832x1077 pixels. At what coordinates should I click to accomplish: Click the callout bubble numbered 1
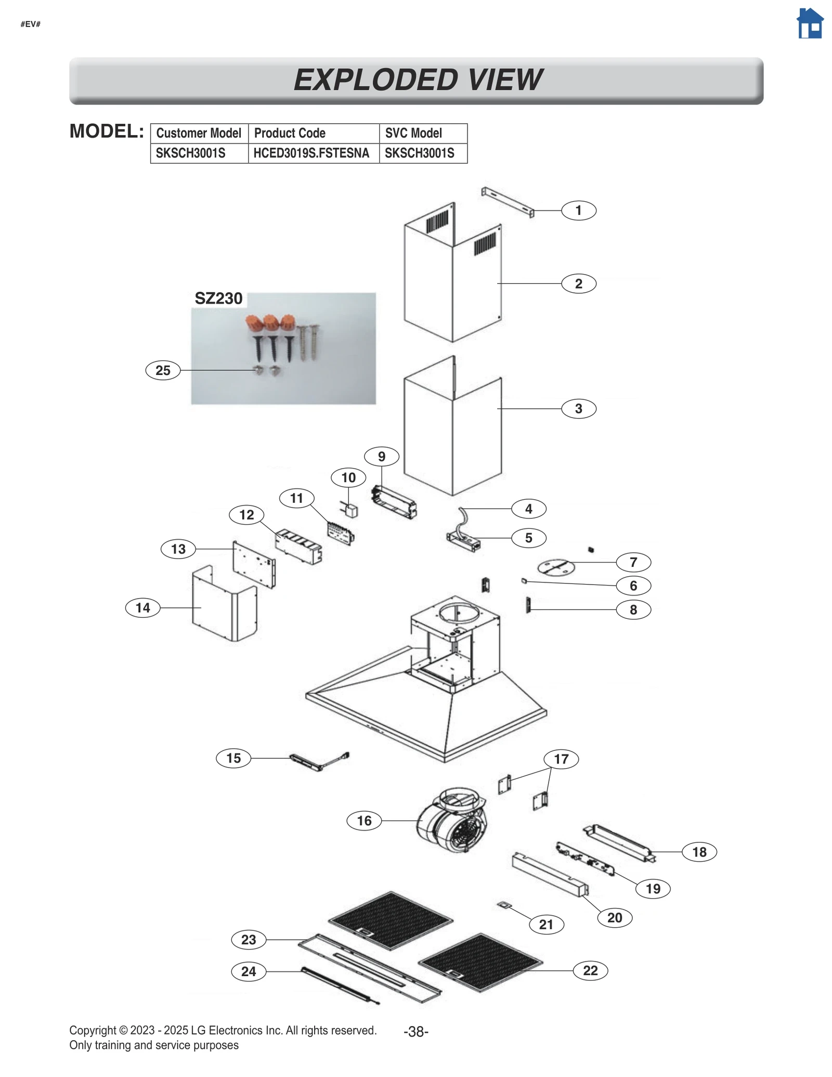tap(578, 211)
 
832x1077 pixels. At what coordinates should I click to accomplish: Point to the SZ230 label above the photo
tap(218, 299)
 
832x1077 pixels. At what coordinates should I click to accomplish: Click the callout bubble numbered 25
tap(163, 370)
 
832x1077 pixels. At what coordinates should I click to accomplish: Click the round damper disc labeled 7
tap(555, 567)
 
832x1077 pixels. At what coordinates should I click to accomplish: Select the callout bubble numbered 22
tap(590, 970)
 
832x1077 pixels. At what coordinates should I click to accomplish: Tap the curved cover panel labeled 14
tap(224, 606)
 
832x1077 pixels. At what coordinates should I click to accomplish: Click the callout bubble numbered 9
tap(382, 457)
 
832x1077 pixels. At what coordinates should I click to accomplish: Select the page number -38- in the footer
tap(415, 1032)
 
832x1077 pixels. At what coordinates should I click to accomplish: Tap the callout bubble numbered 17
tap(561, 759)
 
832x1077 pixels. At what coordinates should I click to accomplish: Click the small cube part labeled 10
tap(352, 511)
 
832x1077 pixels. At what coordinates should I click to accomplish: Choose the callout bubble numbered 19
tap(653, 888)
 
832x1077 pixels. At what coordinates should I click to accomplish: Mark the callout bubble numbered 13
tap(178, 549)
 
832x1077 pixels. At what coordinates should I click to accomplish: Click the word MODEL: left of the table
tap(107, 132)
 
